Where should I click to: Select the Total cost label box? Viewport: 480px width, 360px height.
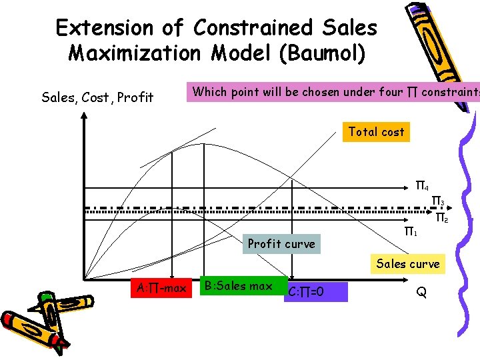[376, 132]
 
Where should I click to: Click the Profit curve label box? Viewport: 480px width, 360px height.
[281, 243]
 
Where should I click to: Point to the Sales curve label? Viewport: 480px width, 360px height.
[408, 264]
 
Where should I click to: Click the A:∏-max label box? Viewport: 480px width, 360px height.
[161, 288]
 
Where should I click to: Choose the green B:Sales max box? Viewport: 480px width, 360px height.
[238, 287]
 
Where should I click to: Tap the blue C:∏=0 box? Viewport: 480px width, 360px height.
[315, 291]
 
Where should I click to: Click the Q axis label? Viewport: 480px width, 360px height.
[421, 291]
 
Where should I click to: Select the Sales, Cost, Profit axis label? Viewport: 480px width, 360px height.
[97, 98]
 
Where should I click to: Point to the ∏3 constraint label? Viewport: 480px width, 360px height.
[438, 201]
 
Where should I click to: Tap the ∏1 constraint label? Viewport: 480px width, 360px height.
[411, 232]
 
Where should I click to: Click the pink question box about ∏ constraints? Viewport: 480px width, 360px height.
[333, 92]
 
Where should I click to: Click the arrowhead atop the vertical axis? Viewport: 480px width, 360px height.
[84, 116]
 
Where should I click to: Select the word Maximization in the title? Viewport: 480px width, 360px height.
[134, 53]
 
